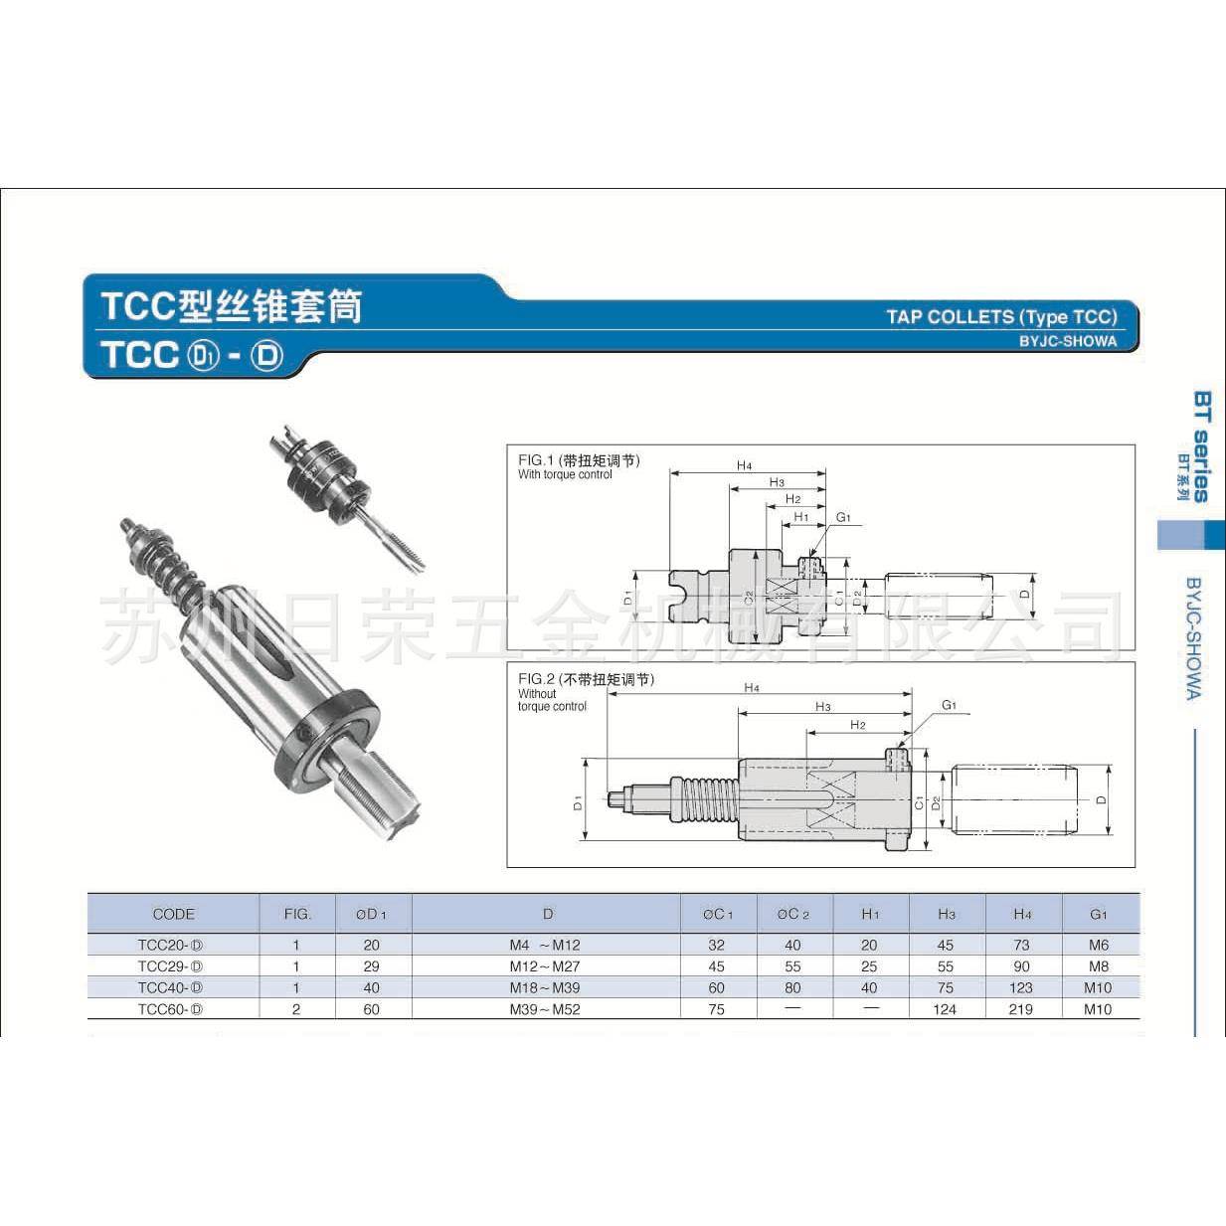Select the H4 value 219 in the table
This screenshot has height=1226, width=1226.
click(x=1021, y=1009)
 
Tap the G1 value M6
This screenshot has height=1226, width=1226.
click(x=1098, y=945)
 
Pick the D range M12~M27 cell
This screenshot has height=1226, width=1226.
click(x=545, y=966)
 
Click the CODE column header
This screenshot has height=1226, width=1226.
click(x=173, y=914)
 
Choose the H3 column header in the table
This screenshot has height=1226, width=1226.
click(x=946, y=914)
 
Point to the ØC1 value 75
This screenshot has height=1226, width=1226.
click(x=717, y=1009)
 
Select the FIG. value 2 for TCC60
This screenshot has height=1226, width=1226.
click(x=296, y=1009)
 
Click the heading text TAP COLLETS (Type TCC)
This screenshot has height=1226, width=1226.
click(x=1001, y=317)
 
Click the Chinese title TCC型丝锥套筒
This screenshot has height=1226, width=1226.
click(x=231, y=306)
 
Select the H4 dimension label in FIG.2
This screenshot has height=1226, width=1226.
click(x=752, y=688)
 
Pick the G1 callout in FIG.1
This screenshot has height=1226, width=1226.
click(x=843, y=517)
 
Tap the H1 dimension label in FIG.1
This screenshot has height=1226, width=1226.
click(x=801, y=517)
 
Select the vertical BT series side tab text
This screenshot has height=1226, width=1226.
click(x=1200, y=446)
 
